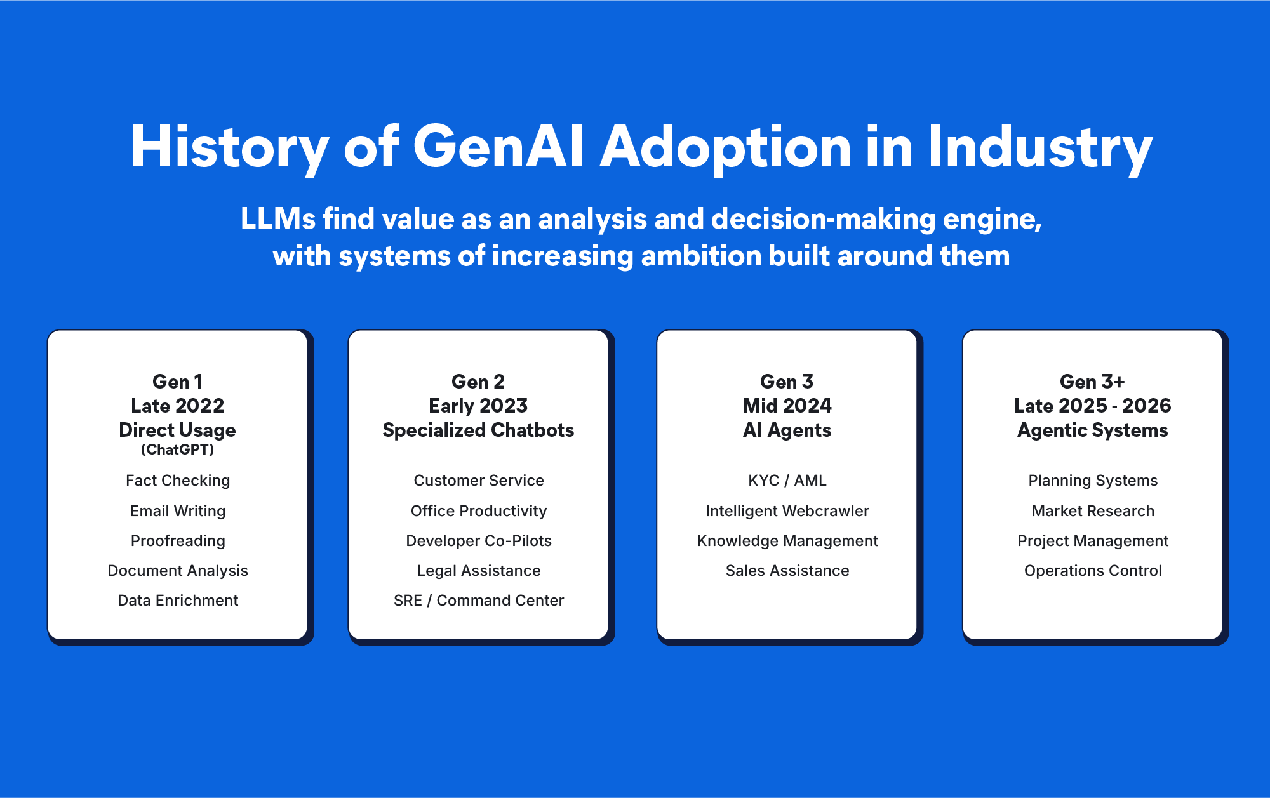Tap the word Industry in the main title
click(1040, 147)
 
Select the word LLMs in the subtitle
click(278, 219)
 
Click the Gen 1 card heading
click(178, 382)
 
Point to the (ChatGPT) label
click(178, 449)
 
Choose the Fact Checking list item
click(178, 481)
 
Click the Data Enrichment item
click(178, 601)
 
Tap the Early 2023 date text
click(478, 406)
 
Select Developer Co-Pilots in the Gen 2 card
click(479, 541)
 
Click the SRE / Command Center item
click(479, 601)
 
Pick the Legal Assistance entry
click(479, 571)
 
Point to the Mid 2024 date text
click(787, 406)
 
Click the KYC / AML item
click(787, 481)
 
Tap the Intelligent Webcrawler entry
click(787, 511)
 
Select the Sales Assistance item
click(787, 571)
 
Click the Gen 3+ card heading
click(1092, 382)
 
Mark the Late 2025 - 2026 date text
click(1092, 406)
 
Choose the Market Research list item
click(1093, 511)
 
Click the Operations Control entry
click(1093, 571)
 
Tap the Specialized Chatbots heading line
click(478, 430)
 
